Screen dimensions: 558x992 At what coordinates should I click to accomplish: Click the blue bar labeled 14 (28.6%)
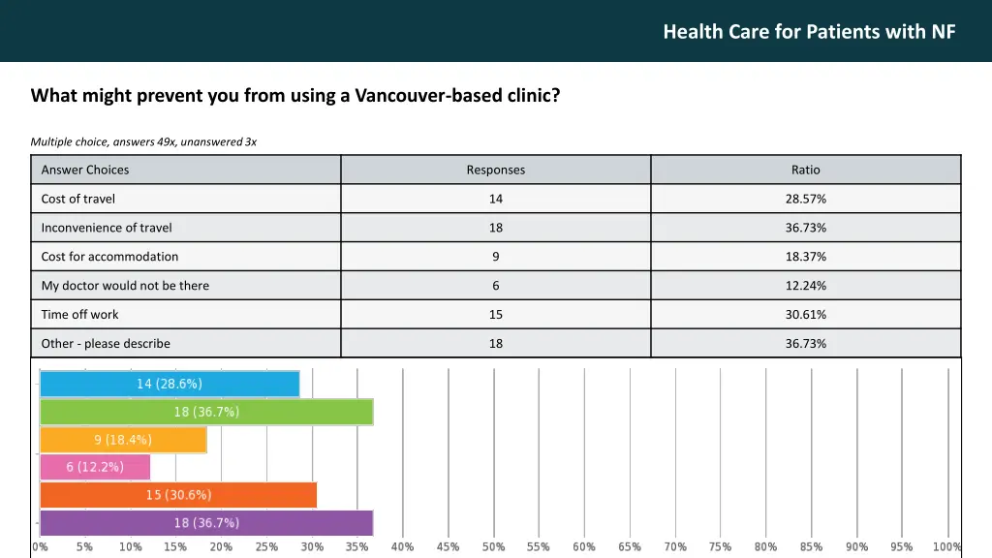tap(170, 384)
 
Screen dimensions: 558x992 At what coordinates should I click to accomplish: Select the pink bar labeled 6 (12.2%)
tap(95, 467)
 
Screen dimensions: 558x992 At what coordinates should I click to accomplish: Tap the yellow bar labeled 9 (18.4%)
tap(123, 440)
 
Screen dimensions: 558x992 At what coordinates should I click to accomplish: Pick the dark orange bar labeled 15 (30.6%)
tap(178, 495)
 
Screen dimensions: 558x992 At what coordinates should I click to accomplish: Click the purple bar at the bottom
tap(206, 523)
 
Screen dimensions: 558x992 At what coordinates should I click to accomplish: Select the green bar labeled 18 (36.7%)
tap(206, 412)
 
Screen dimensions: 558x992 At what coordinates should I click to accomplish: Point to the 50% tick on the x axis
tap(493, 547)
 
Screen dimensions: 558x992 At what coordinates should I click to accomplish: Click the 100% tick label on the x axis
tap(946, 547)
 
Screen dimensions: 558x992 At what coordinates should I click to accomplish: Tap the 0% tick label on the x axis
tap(40, 547)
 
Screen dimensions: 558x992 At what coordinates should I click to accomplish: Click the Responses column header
tap(495, 170)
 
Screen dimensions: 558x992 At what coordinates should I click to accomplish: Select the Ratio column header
tap(805, 170)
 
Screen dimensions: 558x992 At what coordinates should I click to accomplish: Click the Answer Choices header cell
tap(85, 170)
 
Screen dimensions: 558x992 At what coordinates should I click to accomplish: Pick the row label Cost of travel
tap(78, 199)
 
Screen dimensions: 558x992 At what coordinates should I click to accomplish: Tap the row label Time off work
tap(80, 315)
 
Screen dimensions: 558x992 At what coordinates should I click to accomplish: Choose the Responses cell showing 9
tap(495, 257)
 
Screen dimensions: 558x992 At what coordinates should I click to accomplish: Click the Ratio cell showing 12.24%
tap(805, 286)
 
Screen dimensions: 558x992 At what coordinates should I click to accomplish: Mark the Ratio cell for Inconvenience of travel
tap(805, 228)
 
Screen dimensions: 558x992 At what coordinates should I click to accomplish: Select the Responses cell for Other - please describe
tap(495, 344)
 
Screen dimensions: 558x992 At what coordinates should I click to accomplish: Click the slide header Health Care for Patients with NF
tap(809, 32)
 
